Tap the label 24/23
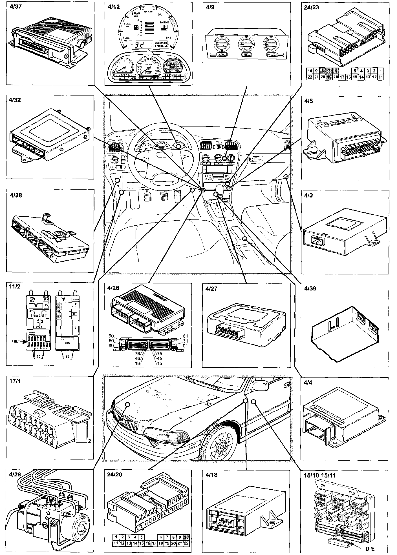pyautogui.click(x=312, y=7)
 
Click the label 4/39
pyautogui.click(x=310, y=288)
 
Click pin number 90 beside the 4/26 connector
pyautogui.click(x=111, y=336)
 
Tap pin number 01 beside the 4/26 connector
pyautogui.click(x=185, y=346)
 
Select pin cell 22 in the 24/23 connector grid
pyautogui.click(x=310, y=77)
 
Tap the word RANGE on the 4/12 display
pyautogui.click(x=149, y=12)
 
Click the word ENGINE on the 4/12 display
pyautogui.click(x=164, y=22)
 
